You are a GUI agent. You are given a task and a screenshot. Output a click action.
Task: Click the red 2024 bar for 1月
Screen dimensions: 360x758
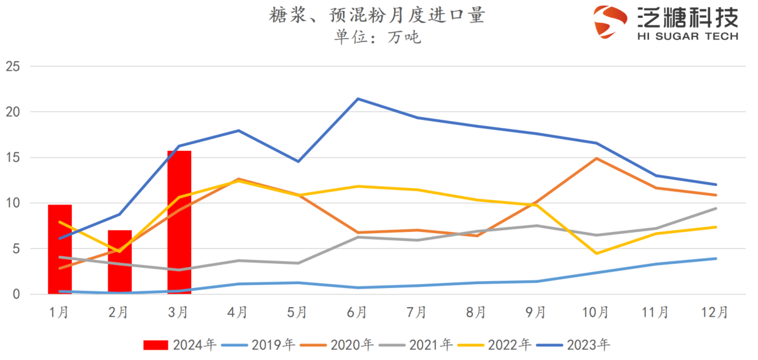(x=60, y=249)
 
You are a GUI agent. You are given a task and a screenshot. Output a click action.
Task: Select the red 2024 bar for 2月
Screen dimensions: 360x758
(x=119, y=262)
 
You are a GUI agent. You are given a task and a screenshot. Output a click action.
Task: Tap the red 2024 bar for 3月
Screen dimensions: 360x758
(x=179, y=222)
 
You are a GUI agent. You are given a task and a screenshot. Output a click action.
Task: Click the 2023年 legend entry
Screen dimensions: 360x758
(x=573, y=345)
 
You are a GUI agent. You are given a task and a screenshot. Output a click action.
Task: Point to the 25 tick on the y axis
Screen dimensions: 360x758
(x=13, y=66)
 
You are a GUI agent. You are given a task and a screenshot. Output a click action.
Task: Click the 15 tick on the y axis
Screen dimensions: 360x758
(x=13, y=157)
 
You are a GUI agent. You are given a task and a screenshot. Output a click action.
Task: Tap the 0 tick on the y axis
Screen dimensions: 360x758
(x=17, y=294)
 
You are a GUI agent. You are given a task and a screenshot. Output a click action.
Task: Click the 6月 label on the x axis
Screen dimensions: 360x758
(x=358, y=312)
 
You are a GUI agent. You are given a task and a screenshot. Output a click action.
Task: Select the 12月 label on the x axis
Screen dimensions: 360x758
(x=715, y=312)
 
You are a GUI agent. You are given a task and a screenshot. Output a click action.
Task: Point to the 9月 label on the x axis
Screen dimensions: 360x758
(x=536, y=312)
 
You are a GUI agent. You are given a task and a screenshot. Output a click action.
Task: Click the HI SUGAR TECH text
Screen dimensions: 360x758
(x=687, y=36)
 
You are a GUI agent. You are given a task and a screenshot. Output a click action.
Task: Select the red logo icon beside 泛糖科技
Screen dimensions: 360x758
(x=610, y=22)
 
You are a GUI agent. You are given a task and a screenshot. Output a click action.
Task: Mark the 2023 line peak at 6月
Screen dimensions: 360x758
(x=358, y=99)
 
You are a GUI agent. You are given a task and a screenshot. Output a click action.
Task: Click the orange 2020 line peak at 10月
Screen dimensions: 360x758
(x=596, y=158)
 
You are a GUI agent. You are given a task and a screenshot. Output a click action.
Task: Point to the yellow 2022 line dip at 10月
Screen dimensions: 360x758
(x=596, y=254)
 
